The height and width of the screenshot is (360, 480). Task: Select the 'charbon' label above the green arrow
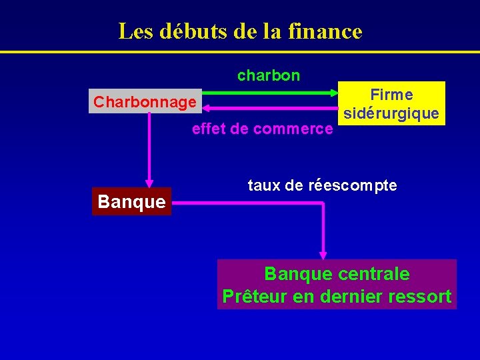coord(269,75)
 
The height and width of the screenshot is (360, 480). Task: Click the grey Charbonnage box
coord(145,102)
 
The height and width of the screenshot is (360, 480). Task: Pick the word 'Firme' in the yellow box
coord(391,95)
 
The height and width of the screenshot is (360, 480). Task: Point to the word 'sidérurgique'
coord(391,114)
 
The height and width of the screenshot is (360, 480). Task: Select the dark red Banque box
coord(131,201)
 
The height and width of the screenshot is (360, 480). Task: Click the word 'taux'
coord(264,185)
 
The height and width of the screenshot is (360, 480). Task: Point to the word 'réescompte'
coord(353,185)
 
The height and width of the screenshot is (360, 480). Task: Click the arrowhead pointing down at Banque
coord(149,184)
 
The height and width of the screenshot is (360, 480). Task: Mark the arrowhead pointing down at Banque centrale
coord(323,255)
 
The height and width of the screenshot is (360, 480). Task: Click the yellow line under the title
coord(240,52)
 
